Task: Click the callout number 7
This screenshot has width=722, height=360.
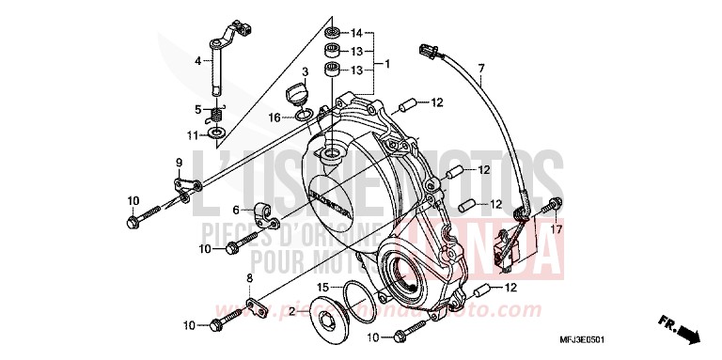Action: pyautogui.click(x=480, y=69)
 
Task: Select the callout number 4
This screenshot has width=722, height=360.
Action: pyautogui.click(x=198, y=61)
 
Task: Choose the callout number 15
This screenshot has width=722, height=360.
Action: pyautogui.click(x=322, y=287)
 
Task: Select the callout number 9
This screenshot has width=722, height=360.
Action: pyautogui.click(x=178, y=164)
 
